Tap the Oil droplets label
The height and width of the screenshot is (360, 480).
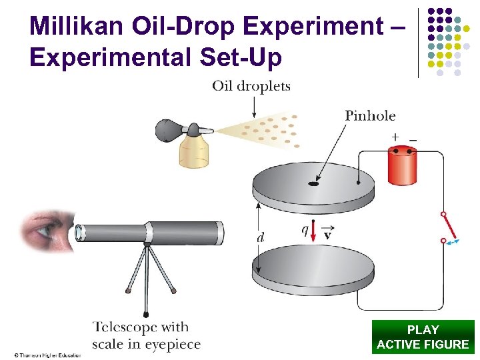point(251,86)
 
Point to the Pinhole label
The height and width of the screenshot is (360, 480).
point(370,115)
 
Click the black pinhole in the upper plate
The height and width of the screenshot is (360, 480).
point(313,183)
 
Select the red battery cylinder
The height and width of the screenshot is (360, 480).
point(402,165)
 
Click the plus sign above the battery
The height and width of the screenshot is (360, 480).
point(395,137)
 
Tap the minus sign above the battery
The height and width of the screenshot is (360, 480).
point(413,137)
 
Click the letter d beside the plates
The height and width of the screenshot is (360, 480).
point(261,237)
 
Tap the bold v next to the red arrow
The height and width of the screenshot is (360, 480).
point(327,235)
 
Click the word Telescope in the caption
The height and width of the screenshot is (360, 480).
point(126,327)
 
